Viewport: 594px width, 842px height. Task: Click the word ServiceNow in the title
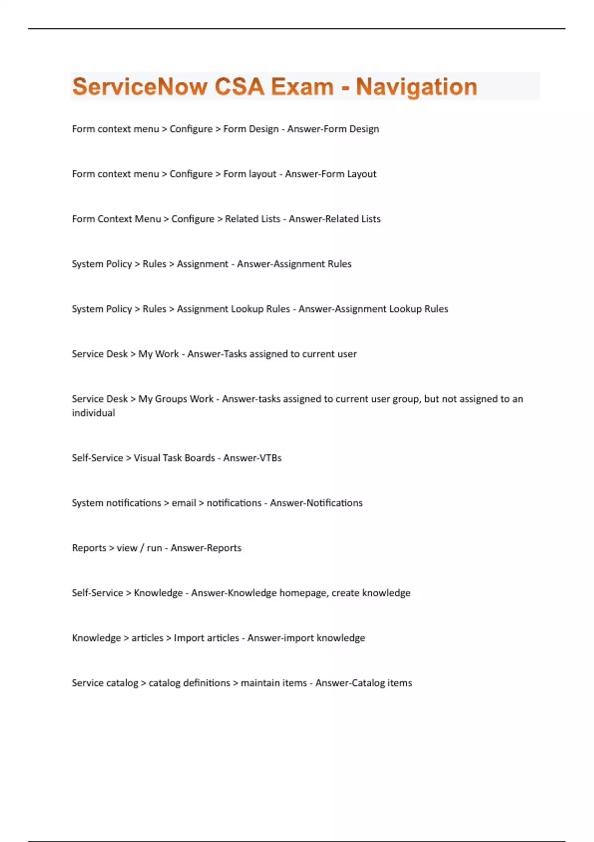140,87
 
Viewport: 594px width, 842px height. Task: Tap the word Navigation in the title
416,87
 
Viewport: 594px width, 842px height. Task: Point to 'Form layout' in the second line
249,174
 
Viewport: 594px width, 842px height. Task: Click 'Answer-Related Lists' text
335,219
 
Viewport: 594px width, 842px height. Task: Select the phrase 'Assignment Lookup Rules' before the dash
233,309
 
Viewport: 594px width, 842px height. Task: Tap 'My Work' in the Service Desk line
158,354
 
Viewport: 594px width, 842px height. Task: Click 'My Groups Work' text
176,399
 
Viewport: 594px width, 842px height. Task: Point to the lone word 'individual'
94,413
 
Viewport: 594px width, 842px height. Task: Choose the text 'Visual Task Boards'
174,458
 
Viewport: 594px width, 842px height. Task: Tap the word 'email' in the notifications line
184,503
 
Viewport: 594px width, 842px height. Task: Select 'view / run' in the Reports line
139,548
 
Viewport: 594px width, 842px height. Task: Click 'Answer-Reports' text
206,548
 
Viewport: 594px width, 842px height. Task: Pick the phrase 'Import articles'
206,638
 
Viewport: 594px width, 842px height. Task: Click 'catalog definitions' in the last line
189,683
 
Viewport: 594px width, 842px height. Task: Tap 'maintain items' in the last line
274,683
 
